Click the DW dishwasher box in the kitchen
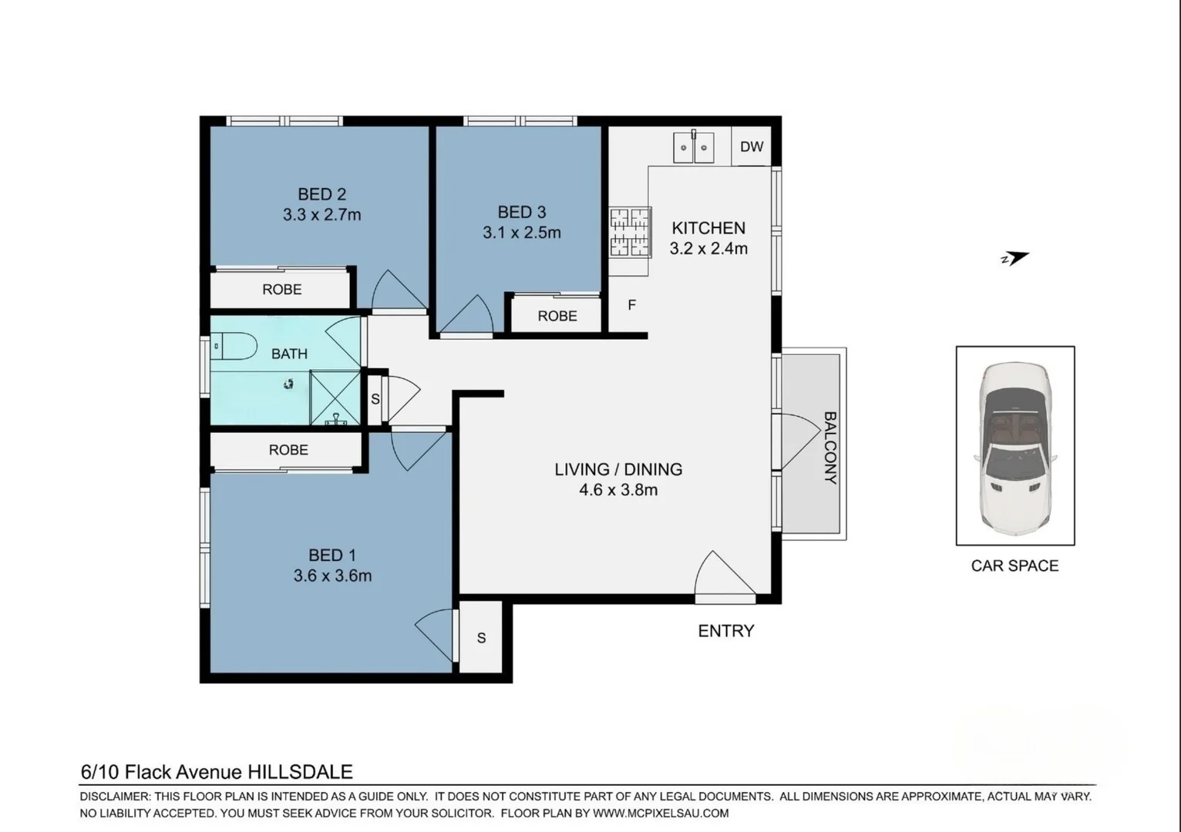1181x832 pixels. tap(751, 146)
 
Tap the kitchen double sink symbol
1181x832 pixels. tap(694, 148)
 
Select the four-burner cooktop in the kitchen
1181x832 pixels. tap(630, 233)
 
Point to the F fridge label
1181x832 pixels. tap(631, 305)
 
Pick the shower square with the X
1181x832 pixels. tap(335, 397)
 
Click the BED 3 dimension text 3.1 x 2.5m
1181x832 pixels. tap(522, 233)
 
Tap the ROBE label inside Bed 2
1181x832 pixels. tap(281, 290)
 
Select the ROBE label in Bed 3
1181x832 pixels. tap(557, 316)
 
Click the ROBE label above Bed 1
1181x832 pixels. tap(288, 450)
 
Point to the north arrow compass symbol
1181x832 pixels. tap(1014, 258)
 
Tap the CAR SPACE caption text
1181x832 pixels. tap(1014, 566)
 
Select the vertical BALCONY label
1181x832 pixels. tap(829, 447)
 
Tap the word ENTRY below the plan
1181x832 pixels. tap(725, 631)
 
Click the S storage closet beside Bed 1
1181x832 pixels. tap(481, 638)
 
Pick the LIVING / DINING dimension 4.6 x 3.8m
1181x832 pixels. tap(618, 490)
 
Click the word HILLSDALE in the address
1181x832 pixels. tap(300, 772)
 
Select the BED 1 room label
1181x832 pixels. tap(332, 555)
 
